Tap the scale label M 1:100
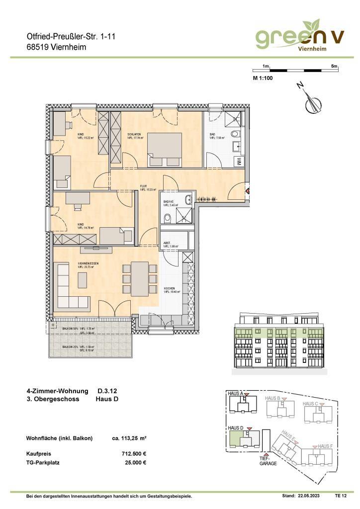pyautogui.click(x=263, y=78)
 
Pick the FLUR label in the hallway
pyautogui.click(x=143, y=187)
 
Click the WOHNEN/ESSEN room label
pyautogui.click(x=88, y=263)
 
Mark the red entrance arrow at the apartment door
pyautogui.click(x=247, y=189)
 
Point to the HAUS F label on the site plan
pyautogui.click(x=325, y=446)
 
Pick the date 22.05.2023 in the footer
pyautogui.click(x=309, y=496)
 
